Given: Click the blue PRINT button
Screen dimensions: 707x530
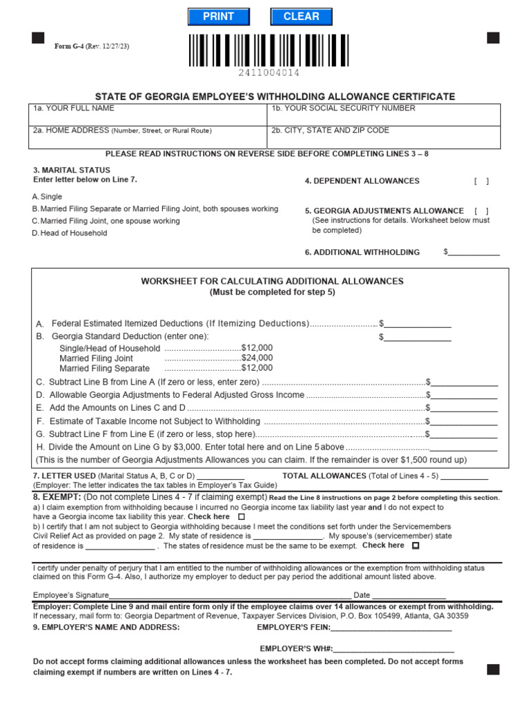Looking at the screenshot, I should click(218, 17).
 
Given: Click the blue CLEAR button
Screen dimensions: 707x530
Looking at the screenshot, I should click(301, 17).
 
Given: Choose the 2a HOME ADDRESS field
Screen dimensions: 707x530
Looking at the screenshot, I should click(147, 137).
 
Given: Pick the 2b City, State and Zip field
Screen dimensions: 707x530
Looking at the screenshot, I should click(384, 137).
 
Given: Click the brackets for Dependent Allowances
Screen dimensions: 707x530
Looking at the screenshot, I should click(481, 181).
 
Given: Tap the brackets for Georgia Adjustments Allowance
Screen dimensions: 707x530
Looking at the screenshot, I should click(481, 211).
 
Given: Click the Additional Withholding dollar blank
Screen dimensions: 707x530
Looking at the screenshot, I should click(474, 252).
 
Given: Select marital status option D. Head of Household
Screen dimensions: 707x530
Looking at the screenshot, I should click(70, 233).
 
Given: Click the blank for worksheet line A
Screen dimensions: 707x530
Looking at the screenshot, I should click(418, 323).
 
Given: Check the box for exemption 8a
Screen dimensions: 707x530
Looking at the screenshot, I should click(241, 516).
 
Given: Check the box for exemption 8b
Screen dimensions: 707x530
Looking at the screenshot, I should click(415, 545).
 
